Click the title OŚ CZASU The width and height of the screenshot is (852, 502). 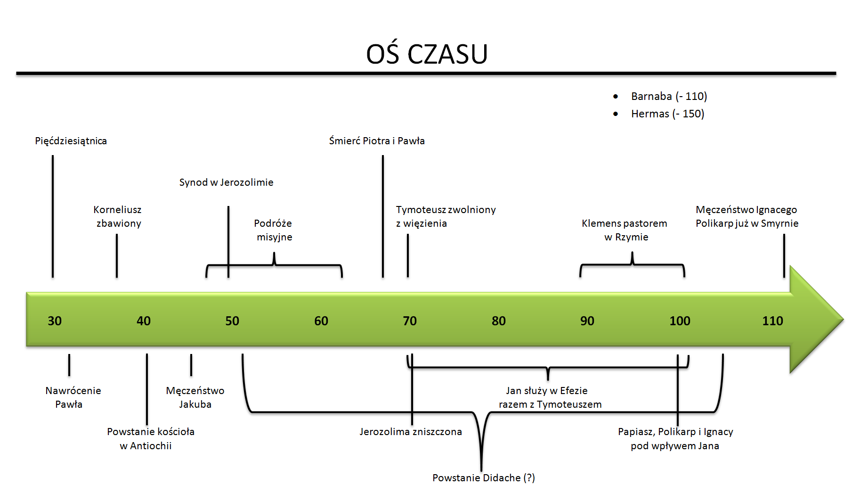tap(427, 54)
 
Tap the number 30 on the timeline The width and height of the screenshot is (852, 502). tap(55, 321)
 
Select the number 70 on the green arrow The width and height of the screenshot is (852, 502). tap(410, 321)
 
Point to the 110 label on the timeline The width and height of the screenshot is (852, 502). tap(772, 321)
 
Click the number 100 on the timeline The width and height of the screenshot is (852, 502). tap(680, 321)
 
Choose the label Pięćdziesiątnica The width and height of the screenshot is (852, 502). tap(71, 141)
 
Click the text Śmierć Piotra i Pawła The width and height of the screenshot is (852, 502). tap(377, 141)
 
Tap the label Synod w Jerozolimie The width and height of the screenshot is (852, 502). tap(226, 182)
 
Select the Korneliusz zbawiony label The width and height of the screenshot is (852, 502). tap(118, 216)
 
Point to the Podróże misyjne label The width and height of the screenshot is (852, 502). tap(274, 230)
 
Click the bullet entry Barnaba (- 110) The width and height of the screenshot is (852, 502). tap(669, 96)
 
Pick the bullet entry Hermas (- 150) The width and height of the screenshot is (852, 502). tap(667, 114)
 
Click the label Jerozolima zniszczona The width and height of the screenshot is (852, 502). tap(411, 432)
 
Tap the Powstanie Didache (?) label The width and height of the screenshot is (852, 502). tap(484, 478)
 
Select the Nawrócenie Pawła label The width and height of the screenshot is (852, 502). tap(73, 397)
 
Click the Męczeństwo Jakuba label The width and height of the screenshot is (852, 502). tap(195, 397)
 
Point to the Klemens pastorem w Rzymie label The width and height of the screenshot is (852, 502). tap(625, 230)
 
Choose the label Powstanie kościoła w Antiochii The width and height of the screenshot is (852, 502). tap(150, 438)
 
